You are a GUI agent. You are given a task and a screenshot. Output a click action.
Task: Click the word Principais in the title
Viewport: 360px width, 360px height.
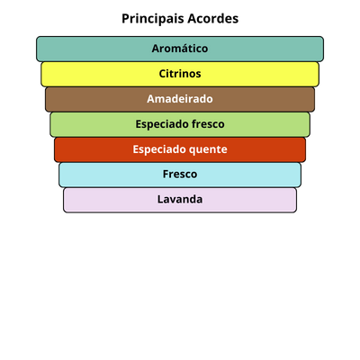pos(153,19)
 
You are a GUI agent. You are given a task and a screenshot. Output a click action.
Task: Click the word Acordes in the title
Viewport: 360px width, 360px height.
pos(213,19)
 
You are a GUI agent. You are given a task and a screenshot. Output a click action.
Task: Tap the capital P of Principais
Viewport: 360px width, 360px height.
pos(125,19)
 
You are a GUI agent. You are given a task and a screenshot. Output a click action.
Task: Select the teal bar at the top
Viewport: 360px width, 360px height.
pos(180,49)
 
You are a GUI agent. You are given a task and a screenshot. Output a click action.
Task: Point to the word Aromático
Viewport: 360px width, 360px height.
pos(180,49)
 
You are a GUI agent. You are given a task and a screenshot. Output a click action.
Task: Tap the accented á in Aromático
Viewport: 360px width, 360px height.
pos(182,49)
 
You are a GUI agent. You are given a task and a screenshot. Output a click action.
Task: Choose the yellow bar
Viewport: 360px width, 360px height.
pos(180,74)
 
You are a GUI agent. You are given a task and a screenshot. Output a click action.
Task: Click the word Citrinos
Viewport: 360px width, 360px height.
pos(180,74)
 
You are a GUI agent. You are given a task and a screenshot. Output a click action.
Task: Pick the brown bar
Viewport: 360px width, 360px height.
pos(180,99)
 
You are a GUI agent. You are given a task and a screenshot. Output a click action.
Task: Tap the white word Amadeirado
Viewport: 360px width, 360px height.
pos(180,99)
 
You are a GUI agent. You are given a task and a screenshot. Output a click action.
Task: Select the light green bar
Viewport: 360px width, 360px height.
pos(180,124)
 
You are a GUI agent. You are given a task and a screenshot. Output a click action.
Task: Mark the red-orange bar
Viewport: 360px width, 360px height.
pos(180,149)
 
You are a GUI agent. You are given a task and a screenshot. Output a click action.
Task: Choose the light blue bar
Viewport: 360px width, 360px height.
pos(180,175)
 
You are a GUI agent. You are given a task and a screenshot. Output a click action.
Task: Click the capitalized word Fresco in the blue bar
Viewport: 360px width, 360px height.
pos(180,174)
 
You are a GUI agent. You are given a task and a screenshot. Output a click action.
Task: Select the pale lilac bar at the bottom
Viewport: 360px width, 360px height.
pos(180,200)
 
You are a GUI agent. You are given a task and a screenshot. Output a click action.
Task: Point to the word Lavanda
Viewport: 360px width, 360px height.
pos(180,199)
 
